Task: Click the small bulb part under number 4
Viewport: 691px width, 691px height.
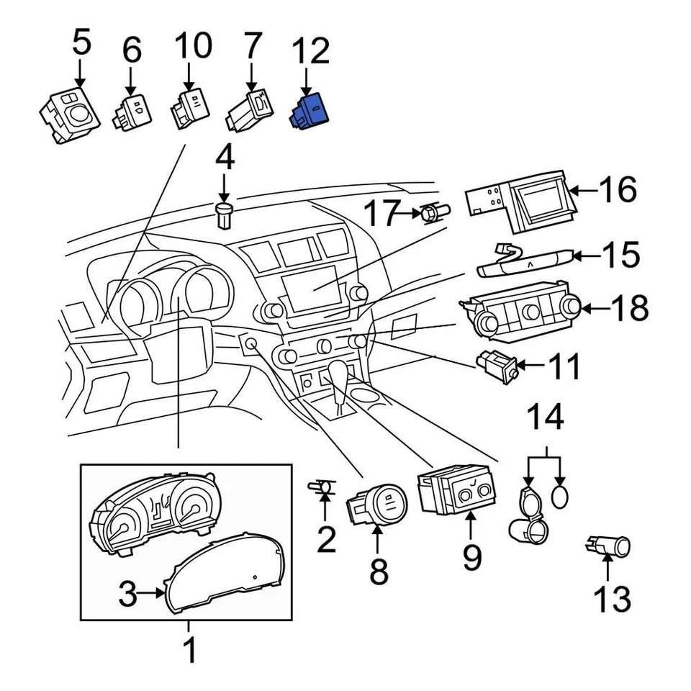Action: point(224,214)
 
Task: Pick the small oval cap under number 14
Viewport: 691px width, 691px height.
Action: point(562,496)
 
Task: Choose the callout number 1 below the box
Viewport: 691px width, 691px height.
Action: point(189,651)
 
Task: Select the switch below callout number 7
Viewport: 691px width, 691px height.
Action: point(249,109)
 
